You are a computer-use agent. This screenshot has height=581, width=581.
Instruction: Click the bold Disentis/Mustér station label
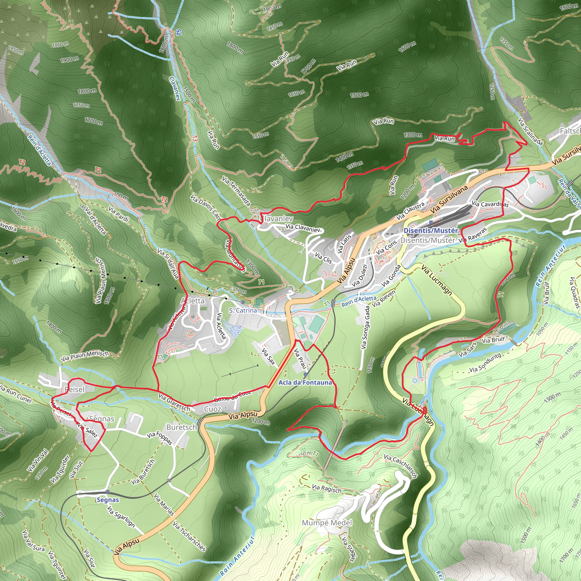431,231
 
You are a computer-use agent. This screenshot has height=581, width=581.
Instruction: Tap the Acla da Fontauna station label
305,382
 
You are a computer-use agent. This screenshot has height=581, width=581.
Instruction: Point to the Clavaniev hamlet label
277,219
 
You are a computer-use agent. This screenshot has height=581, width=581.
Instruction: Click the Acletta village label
192,301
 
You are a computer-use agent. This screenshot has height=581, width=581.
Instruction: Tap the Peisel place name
75,390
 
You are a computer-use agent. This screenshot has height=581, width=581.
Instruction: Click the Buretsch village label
181,427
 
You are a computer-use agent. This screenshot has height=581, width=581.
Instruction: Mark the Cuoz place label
212,409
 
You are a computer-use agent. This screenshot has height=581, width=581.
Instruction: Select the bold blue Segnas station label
108,500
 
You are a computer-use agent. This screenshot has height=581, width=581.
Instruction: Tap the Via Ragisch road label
327,489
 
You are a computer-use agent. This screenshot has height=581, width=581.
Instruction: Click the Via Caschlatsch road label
400,466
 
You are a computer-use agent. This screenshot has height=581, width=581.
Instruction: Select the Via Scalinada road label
530,131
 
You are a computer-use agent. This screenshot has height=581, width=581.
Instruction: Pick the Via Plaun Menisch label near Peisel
85,355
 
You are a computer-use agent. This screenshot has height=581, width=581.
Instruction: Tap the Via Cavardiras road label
490,204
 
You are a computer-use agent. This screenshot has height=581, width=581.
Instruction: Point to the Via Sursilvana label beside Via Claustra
449,199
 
